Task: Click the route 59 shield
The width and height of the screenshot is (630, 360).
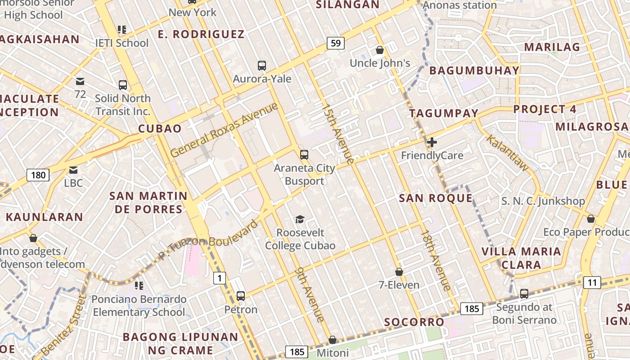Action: click(x=336, y=43)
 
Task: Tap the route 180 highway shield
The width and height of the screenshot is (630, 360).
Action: click(x=38, y=175)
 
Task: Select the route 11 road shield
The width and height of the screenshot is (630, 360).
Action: click(x=592, y=283)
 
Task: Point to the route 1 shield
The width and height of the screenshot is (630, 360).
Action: click(x=219, y=279)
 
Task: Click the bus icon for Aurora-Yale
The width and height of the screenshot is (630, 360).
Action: click(x=262, y=66)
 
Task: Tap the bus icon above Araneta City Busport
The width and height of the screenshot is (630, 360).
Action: click(x=304, y=155)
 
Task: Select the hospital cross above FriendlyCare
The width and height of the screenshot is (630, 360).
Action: click(x=432, y=143)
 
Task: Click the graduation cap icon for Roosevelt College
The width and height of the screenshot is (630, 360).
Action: click(x=300, y=219)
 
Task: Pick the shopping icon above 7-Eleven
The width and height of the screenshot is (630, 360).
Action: click(x=399, y=272)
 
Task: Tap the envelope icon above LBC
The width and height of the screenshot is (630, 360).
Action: click(x=73, y=170)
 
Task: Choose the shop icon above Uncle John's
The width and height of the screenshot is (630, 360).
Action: click(x=380, y=50)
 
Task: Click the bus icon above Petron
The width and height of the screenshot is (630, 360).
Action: click(x=241, y=296)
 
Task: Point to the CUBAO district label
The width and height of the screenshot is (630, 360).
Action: click(x=160, y=129)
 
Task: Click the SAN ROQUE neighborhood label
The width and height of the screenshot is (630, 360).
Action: click(x=436, y=198)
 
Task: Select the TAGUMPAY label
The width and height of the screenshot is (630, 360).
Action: click(x=443, y=113)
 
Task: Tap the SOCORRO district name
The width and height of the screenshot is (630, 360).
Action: click(x=414, y=322)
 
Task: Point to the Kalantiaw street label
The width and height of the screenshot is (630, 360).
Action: click(x=508, y=153)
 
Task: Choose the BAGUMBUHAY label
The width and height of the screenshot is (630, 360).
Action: click(x=474, y=71)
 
